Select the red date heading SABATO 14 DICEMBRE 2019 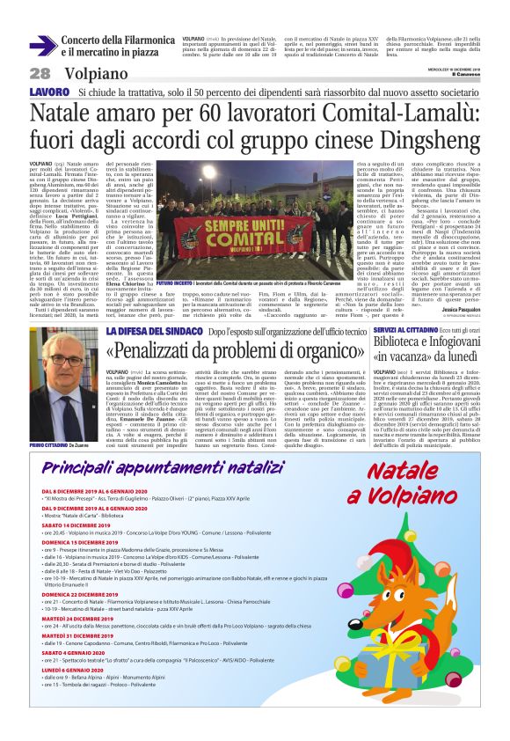tap(77, 525)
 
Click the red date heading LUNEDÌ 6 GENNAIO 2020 tap(74, 693)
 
